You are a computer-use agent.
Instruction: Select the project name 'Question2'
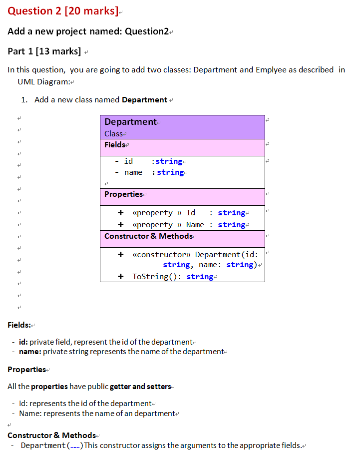(x=147, y=31)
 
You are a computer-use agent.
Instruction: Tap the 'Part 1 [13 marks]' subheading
(x=44, y=51)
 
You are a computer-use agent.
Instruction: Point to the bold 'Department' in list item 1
(x=144, y=99)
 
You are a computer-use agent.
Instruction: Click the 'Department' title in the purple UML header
(x=130, y=122)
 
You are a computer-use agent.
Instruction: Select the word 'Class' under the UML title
(x=113, y=134)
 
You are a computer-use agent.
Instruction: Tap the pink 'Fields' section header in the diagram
(x=115, y=145)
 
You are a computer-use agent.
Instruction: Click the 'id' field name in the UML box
(x=128, y=161)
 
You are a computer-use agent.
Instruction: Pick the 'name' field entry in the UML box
(x=133, y=172)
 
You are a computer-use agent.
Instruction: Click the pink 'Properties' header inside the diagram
(x=123, y=194)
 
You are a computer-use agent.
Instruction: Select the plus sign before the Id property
(x=120, y=213)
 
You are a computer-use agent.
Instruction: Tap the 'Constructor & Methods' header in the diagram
(x=148, y=236)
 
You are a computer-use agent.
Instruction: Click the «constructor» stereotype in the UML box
(x=161, y=255)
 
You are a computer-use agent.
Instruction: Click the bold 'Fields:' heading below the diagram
(x=19, y=325)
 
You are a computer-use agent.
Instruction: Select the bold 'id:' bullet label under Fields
(x=23, y=342)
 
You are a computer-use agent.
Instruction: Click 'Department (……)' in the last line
(x=51, y=446)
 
